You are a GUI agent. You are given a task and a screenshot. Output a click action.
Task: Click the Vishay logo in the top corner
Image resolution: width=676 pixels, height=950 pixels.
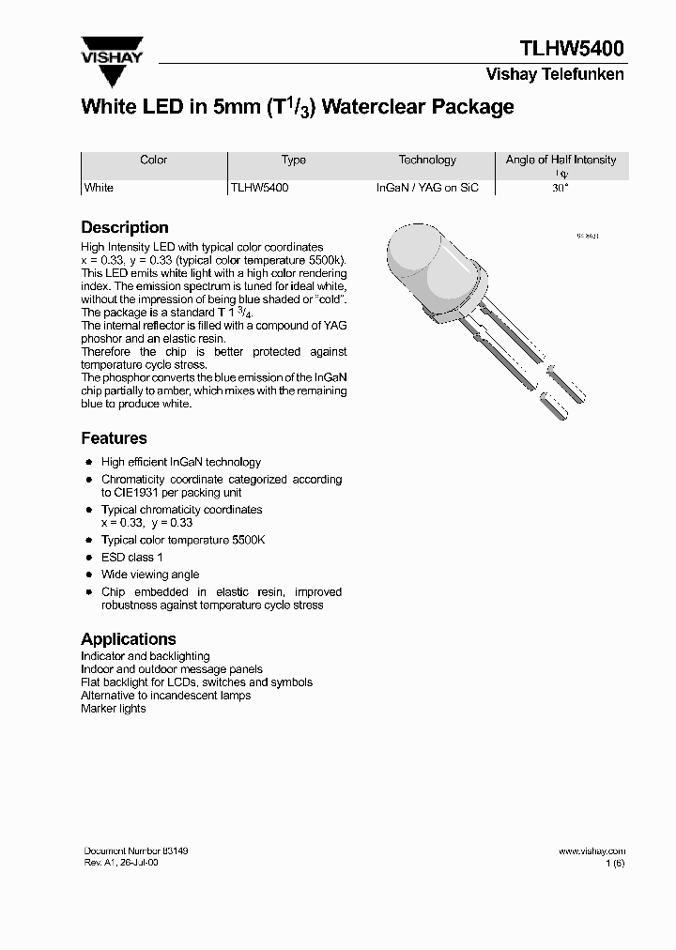(112, 51)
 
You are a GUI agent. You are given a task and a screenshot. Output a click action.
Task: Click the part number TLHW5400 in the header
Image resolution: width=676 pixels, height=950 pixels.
(571, 49)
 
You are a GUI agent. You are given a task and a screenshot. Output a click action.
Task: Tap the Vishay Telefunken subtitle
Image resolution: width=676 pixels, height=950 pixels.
(554, 75)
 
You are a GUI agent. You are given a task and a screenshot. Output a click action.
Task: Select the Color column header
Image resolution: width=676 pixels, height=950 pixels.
(153, 161)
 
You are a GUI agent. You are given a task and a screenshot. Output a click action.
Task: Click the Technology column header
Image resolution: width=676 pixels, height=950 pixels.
(427, 161)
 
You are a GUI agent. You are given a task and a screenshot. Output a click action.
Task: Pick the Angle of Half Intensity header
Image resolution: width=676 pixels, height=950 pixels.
(561, 161)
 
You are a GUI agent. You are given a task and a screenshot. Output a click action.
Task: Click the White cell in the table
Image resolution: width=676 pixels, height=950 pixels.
(99, 188)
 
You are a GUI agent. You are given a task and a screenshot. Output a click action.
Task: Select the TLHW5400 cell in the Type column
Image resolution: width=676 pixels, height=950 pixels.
(259, 188)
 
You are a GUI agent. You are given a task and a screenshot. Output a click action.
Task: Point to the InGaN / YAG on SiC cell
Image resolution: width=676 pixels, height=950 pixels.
(427, 188)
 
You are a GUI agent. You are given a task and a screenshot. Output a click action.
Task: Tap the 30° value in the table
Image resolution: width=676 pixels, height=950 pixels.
(561, 188)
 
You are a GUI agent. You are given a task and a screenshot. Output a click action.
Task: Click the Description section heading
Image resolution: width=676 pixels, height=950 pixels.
(125, 227)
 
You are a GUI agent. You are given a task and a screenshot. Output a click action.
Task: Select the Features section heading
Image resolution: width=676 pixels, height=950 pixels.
(114, 438)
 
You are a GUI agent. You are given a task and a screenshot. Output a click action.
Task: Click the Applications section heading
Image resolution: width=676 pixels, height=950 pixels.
(128, 638)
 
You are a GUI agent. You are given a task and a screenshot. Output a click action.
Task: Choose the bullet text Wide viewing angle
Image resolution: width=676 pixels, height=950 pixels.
(150, 575)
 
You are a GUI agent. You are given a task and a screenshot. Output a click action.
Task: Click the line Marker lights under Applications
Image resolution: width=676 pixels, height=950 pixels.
(114, 709)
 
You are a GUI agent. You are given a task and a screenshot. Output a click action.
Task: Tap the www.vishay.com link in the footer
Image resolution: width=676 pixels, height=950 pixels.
(591, 850)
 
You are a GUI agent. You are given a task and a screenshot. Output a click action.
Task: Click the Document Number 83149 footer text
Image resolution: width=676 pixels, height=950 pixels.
(136, 850)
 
